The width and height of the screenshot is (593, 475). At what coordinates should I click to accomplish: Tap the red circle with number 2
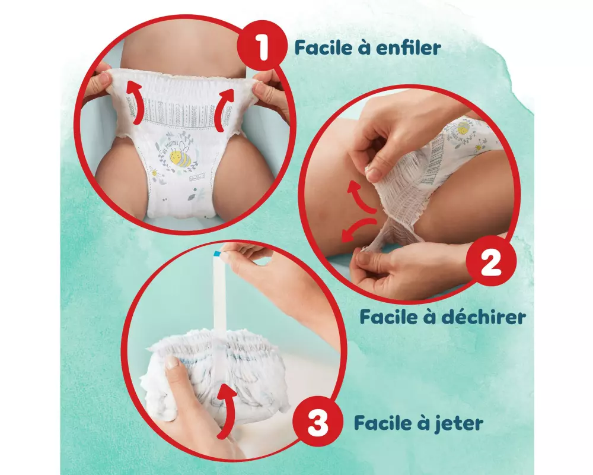491,262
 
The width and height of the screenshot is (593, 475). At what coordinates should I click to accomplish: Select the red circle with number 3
317,423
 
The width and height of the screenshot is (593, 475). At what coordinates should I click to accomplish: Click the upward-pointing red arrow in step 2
361,196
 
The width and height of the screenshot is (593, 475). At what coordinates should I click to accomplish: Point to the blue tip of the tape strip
217,254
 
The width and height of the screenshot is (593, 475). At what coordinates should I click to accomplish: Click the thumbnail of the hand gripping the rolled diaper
172,362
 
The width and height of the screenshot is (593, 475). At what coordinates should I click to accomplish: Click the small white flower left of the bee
154,172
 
